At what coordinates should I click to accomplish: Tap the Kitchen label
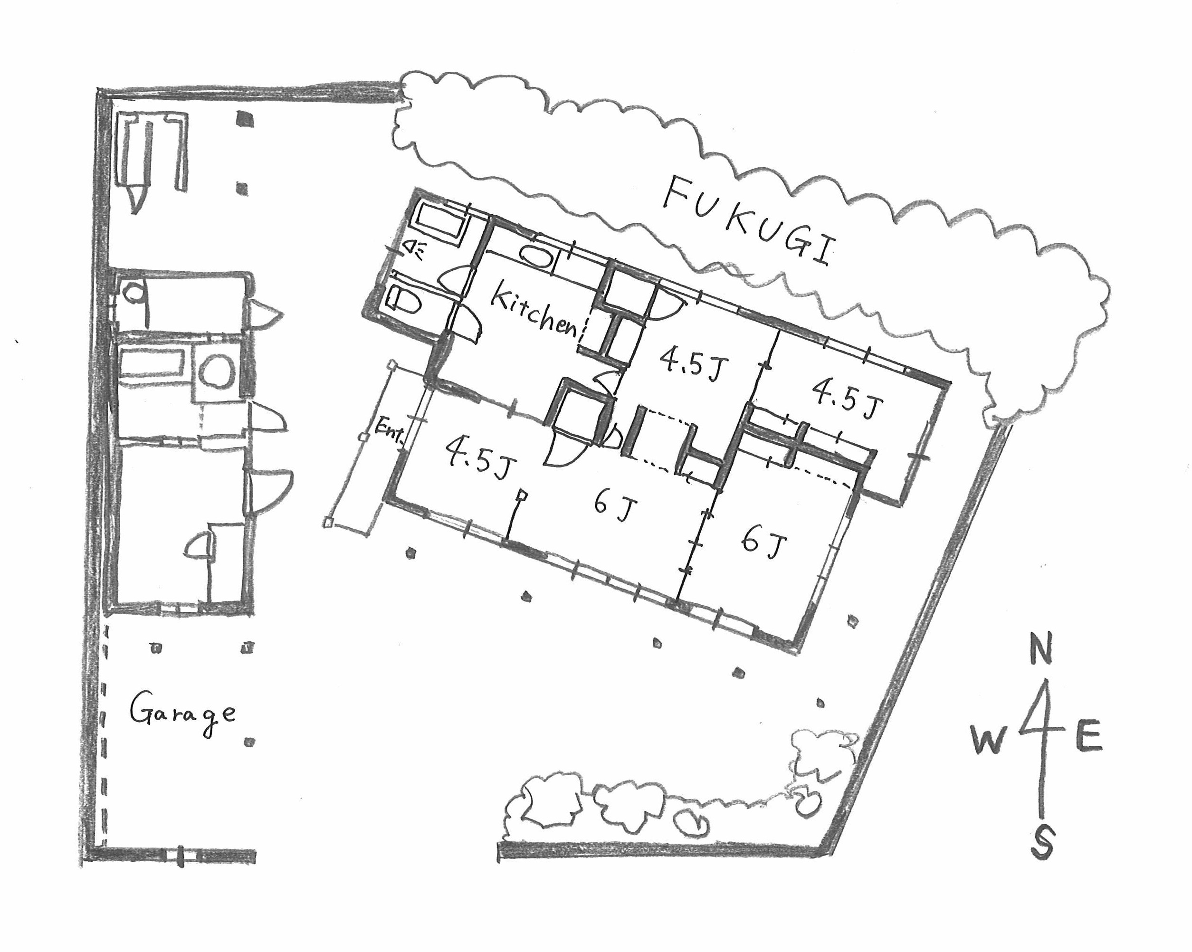(x=534, y=310)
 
